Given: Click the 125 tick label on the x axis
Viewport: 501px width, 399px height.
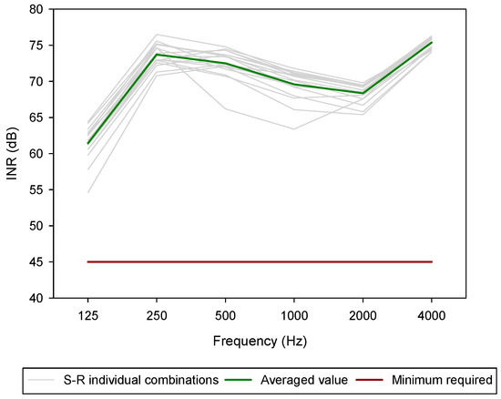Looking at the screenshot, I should click(87, 312).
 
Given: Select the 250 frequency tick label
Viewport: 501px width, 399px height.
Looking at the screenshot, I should click(156, 312).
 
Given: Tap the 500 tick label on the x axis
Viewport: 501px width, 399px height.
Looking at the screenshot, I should click(225, 312).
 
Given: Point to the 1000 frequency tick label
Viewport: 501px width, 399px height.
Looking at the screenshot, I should click(293, 312).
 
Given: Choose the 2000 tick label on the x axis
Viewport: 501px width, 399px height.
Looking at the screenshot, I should click(363, 312).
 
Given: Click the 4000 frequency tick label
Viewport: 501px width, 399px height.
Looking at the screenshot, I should click(431, 312).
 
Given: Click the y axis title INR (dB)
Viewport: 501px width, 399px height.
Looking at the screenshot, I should click(12, 153).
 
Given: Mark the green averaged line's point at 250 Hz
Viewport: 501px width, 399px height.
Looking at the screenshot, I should click(156, 55).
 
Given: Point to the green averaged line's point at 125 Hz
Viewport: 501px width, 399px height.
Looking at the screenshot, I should click(87, 144).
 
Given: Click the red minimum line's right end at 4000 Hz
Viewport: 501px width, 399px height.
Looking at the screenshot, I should click(431, 261).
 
